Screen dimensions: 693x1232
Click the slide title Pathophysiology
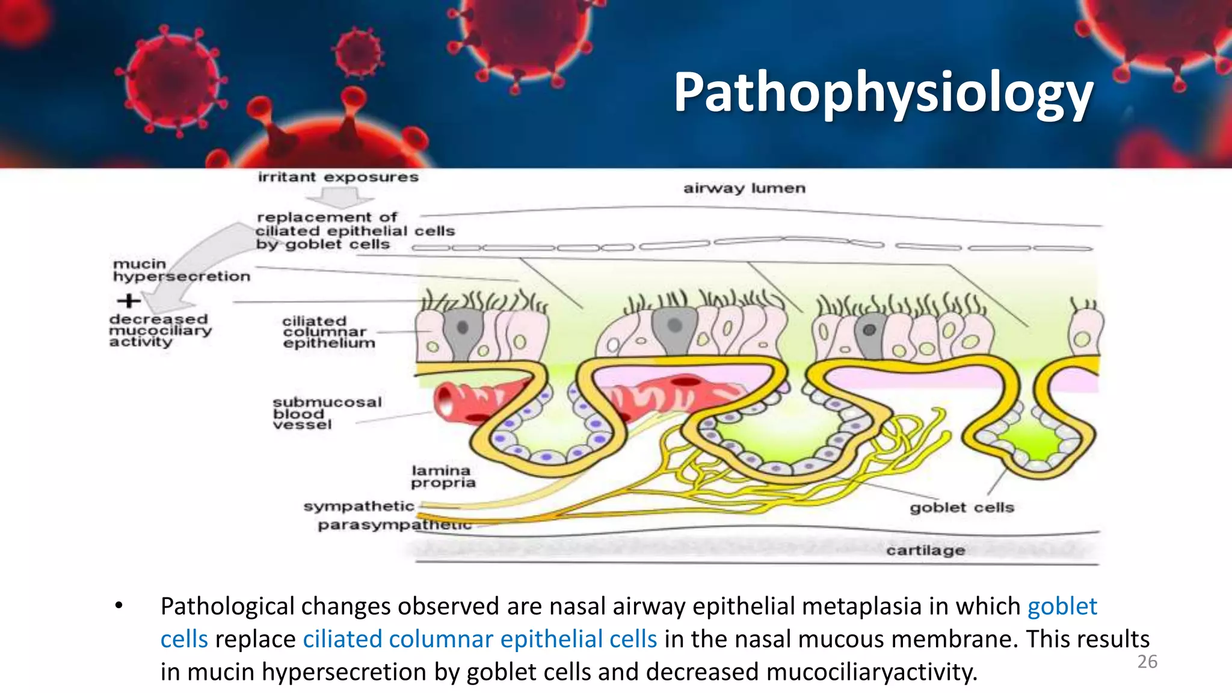[x=882, y=93]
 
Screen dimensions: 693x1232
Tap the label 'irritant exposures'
[x=338, y=177]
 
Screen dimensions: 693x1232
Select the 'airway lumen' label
[x=744, y=188]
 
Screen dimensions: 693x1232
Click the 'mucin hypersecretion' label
[x=180, y=270]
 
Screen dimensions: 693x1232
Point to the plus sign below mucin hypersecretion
[x=128, y=300]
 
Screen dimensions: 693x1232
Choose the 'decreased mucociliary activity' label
[x=160, y=330]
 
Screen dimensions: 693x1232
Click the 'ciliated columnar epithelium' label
[x=328, y=332]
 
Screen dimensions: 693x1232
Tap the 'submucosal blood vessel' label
[x=327, y=413]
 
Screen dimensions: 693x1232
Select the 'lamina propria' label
[x=443, y=476]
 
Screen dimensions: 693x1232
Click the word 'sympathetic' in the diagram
[x=359, y=507]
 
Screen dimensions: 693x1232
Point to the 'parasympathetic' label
[x=394, y=525]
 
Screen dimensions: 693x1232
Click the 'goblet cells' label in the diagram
[x=961, y=508]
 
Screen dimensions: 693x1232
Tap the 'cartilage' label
[x=925, y=550]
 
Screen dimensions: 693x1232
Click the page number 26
[x=1147, y=662]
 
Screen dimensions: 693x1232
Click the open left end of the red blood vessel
[x=446, y=401]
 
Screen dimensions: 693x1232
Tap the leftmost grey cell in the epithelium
[x=462, y=332]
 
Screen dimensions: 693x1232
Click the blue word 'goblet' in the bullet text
[x=1062, y=606]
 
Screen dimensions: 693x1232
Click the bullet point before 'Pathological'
[x=119, y=606]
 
